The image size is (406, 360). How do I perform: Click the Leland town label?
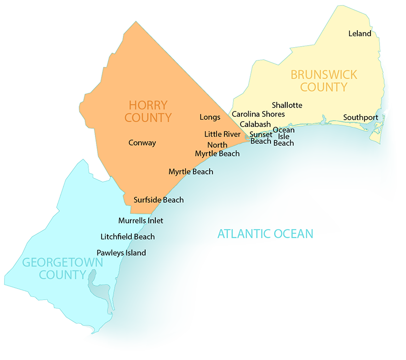(360, 33)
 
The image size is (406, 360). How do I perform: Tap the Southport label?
(360, 117)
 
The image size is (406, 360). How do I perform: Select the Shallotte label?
(287, 105)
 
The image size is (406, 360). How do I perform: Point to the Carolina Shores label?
(258, 114)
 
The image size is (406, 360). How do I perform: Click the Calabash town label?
(255, 124)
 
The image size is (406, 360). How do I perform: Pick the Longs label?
(210, 117)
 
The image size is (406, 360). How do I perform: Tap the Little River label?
(222, 134)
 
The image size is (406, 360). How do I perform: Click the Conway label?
(142, 142)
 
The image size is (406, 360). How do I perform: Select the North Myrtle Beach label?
(217, 150)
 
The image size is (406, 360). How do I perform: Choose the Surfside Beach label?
(158, 200)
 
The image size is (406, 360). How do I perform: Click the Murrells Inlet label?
(141, 221)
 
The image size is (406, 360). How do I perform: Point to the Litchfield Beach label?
(127, 236)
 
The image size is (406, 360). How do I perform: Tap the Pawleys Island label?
(121, 253)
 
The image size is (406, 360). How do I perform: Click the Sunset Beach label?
(261, 137)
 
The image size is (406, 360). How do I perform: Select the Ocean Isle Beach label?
(284, 136)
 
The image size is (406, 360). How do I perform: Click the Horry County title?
(149, 112)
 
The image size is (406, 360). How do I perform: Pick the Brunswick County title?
(323, 81)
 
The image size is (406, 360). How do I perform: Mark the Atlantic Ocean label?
(265, 234)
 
